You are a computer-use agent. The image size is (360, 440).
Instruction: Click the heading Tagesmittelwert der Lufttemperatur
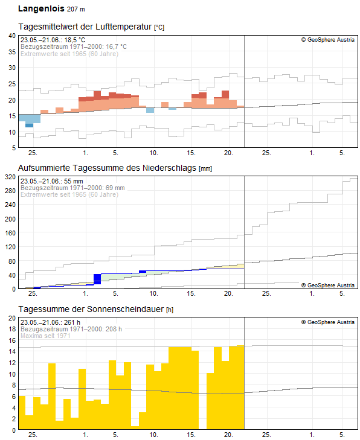85,27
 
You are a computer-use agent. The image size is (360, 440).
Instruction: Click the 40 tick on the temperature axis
11,36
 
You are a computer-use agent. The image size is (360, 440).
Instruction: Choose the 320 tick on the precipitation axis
10,177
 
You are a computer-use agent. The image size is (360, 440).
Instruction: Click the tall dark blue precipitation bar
97,279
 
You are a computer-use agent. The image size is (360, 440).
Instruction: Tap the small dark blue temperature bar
29,125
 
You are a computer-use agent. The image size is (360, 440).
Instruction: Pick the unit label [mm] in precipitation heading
205,168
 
